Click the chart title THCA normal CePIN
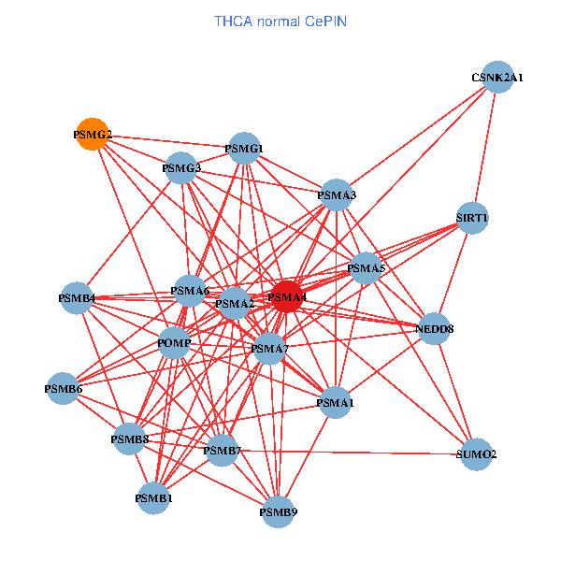pos(280,21)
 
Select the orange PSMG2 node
pos(92,135)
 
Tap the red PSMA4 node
pos(287,297)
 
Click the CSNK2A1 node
pos(496,78)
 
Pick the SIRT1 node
pos(472,218)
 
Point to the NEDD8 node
pos(434,328)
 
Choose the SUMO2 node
pos(477,453)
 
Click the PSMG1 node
pos(244,148)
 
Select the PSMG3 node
pos(181,168)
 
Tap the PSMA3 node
pos(337,194)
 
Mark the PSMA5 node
pos(366,268)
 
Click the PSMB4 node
pos(77,298)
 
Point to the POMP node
pos(175,343)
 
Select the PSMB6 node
pos(64,388)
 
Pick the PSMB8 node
pos(130,438)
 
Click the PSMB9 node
pos(279,511)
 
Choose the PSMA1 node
pos(336,403)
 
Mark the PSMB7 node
pos(223,451)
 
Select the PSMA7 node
pos(269,349)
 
